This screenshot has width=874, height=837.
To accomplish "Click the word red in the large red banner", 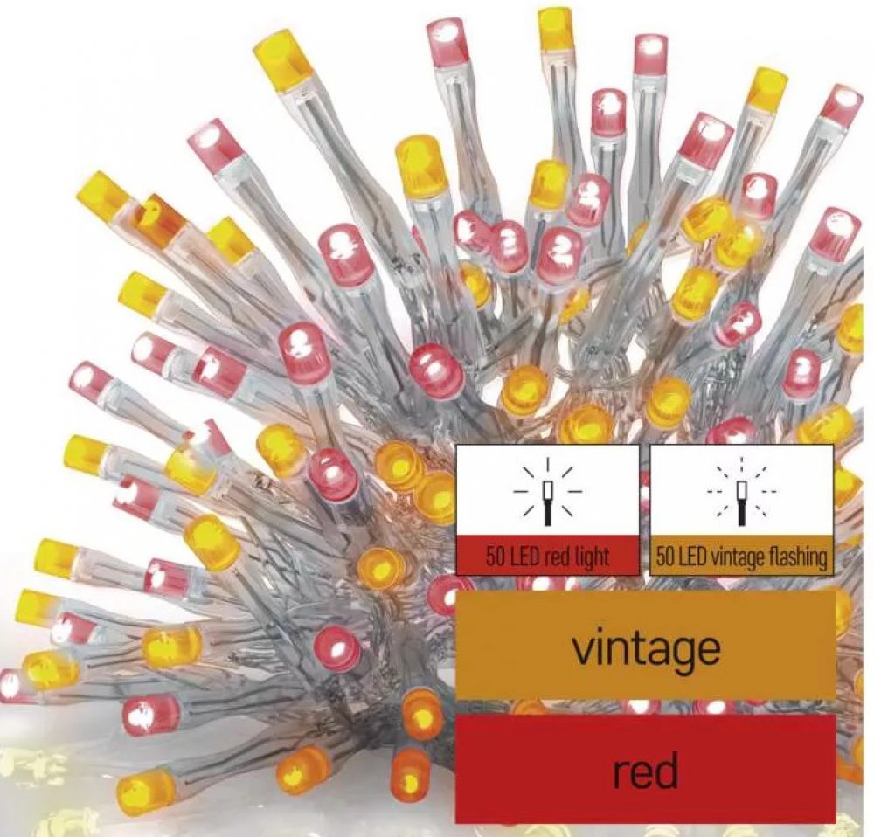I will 645,771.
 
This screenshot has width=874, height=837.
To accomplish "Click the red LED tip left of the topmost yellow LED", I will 448,39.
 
